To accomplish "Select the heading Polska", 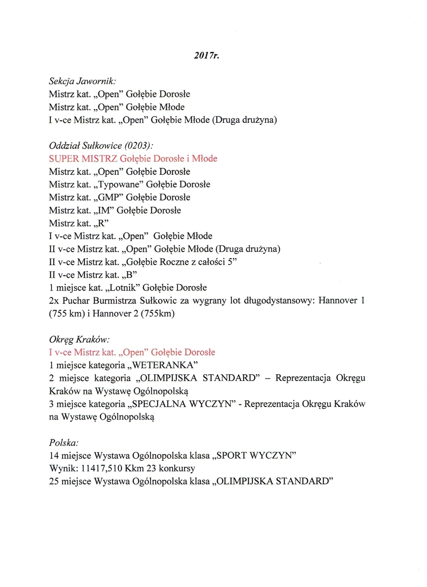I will (x=64, y=443).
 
